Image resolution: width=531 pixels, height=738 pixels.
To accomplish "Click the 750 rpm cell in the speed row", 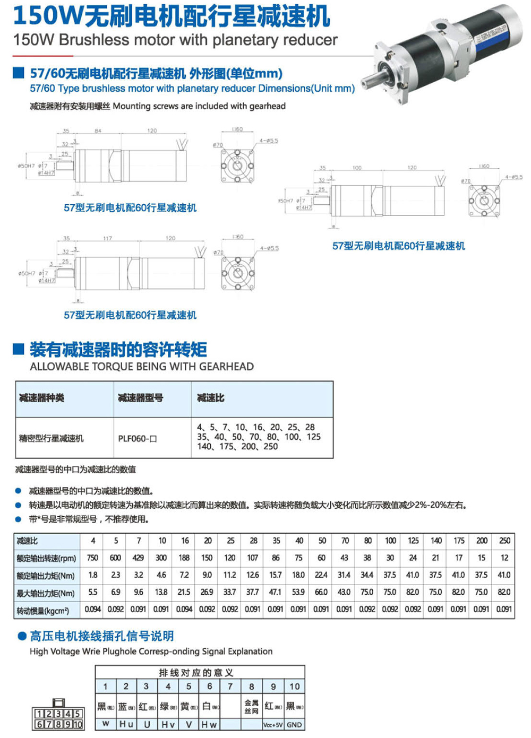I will click(92, 558).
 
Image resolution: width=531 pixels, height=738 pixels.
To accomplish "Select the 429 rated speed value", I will click(138, 558).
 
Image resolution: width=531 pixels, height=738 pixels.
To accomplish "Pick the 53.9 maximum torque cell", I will click(298, 592).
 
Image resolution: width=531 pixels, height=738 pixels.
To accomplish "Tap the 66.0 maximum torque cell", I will click(321, 592).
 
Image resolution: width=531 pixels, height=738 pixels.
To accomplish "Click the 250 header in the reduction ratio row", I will click(504, 541).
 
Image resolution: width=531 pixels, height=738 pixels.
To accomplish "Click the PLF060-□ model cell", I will click(137, 439).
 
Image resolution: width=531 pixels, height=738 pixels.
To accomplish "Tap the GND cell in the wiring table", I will click(294, 725).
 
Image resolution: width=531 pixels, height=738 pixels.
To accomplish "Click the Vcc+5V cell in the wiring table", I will click(273, 725).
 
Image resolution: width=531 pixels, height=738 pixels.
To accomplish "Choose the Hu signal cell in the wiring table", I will click(126, 724).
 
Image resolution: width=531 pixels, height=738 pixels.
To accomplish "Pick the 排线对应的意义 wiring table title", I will click(196, 673).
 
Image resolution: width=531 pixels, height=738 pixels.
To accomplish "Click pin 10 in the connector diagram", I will click(78, 725).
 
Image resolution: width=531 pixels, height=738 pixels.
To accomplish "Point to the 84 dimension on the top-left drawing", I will click(98, 131).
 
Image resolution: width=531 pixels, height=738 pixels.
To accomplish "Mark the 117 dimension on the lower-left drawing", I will click(108, 238).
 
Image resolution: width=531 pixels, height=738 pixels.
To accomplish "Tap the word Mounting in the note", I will click(131, 106).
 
